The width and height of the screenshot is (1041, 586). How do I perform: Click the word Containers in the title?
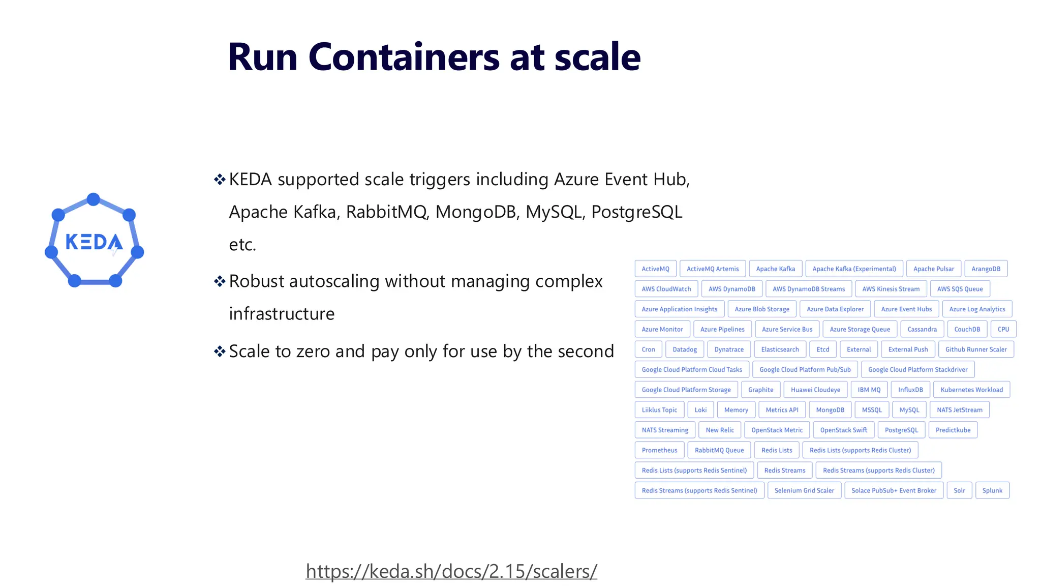(x=404, y=57)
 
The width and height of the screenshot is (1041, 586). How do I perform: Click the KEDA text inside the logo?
(x=94, y=242)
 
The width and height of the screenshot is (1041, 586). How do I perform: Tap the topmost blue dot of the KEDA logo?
(x=94, y=199)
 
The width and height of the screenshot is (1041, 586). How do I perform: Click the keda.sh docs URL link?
(x=451, y=571)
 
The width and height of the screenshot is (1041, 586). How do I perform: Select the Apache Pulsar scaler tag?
(x=933, y=269)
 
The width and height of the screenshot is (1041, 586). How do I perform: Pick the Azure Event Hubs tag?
(x=906, y=309)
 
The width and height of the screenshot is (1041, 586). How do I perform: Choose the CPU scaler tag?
(x=1003, y=329)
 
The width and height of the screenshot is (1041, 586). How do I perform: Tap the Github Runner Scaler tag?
(x=975, y=349)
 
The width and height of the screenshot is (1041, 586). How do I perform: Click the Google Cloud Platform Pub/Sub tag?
(x=805, y=369)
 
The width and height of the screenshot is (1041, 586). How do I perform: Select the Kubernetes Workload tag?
(x=971, y=390)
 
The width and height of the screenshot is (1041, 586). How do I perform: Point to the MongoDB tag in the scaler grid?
(x=830, y=410)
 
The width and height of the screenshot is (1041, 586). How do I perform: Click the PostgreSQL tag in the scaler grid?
(x=901, y=430)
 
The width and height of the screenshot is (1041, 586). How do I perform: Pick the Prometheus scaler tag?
(x=659, y=450)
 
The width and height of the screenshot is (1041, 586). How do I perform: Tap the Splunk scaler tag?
(x=992, y=490)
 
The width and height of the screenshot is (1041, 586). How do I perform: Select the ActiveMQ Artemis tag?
(x=713, y=269)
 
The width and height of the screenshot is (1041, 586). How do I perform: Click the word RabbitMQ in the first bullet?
(x=387, y=212)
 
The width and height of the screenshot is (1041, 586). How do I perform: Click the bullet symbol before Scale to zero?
(x=220, y=351)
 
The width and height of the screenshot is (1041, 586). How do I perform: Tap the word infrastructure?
(x=282, y=314)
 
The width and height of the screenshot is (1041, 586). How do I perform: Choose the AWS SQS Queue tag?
(x=959, y=289)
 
